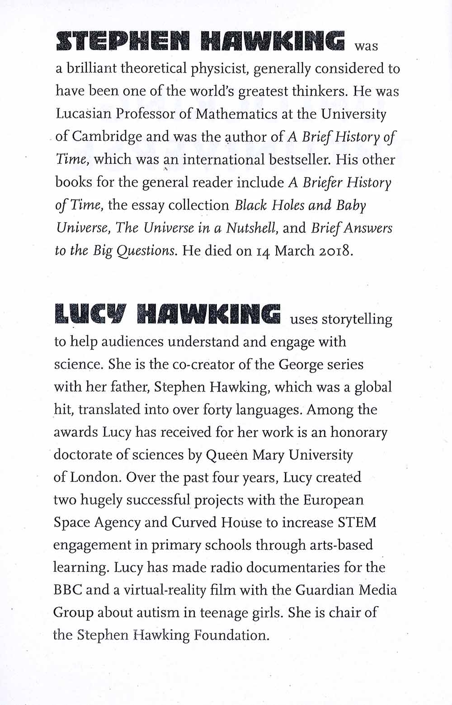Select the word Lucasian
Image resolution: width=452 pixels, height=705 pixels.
click(x=83, y=114)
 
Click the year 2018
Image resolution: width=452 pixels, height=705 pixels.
click(x=334, y=251)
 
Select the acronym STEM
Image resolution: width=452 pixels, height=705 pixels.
click(x=357, y=523)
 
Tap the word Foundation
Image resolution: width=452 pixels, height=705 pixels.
click(x=231, y=635)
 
